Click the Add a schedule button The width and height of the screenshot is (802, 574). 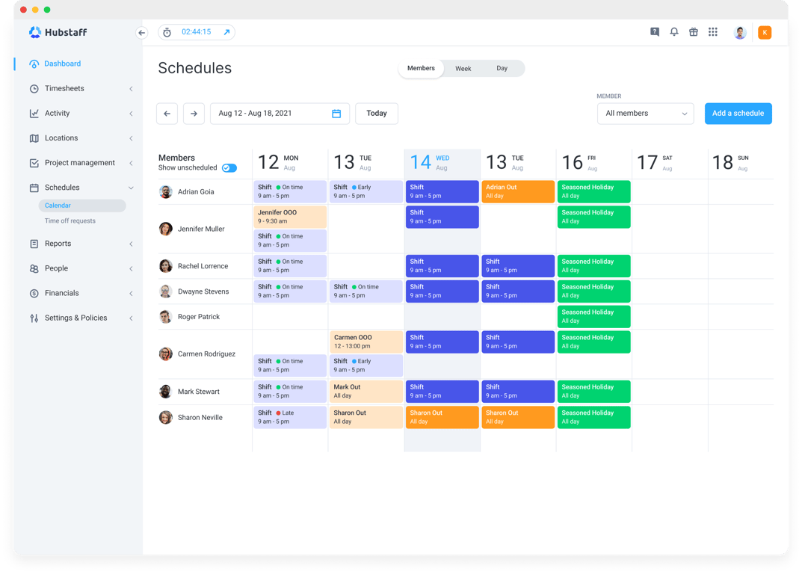tap(738, 114)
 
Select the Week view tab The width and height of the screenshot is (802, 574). tap(463, 69)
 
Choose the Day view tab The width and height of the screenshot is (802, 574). tap(502, 69)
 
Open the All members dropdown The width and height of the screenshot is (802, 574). tap(645, 114)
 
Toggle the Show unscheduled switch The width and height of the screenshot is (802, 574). tap(229, 168)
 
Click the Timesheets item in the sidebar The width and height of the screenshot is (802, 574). tap(64, 88)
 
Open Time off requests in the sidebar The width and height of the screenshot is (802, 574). tap(70, 221)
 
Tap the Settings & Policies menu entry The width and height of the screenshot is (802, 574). tap(75, 318)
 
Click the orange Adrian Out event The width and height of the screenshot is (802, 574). tap(517, 191)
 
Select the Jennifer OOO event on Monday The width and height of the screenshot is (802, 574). tap(290, 217)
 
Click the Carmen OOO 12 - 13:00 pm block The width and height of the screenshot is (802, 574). tap(366, 342)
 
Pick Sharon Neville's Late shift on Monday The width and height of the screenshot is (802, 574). tap(290, 417)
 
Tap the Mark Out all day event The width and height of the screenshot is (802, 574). tap(366, 392)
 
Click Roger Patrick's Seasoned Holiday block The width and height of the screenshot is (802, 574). tap(593, 317)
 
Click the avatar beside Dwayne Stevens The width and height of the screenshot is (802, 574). tap(166, 291)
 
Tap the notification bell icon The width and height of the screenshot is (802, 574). tap(673, 32)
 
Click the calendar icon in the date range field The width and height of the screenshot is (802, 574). tap(336, 114)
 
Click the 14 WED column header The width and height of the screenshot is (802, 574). tap(442, 162)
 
